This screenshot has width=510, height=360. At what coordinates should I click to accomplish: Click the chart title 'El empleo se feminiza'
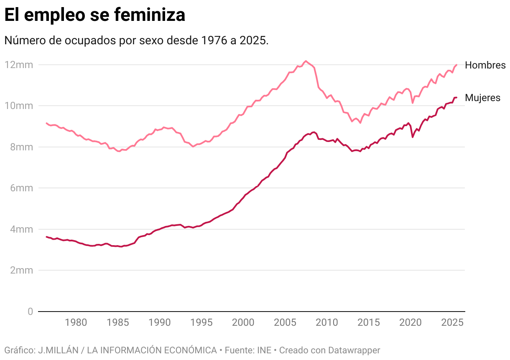[95, 15]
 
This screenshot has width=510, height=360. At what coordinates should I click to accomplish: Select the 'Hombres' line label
[485, 65]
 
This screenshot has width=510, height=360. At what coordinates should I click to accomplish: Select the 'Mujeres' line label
[482, 98]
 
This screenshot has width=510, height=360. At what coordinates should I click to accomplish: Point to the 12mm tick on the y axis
[19, 65]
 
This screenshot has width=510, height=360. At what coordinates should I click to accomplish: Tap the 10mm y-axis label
[19, 106]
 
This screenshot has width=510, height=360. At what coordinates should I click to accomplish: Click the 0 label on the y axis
[30, 312]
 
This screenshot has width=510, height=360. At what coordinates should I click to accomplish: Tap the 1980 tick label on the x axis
[76, 323]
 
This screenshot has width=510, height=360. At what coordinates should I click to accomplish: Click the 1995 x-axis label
[201, 323]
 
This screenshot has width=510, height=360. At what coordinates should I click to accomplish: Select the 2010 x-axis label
[326, 323]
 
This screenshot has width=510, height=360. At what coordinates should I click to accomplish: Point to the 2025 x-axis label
[452, 323]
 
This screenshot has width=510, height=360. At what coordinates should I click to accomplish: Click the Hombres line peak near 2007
[306, 61]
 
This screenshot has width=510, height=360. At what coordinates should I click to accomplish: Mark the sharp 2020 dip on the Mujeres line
[413, 137]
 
